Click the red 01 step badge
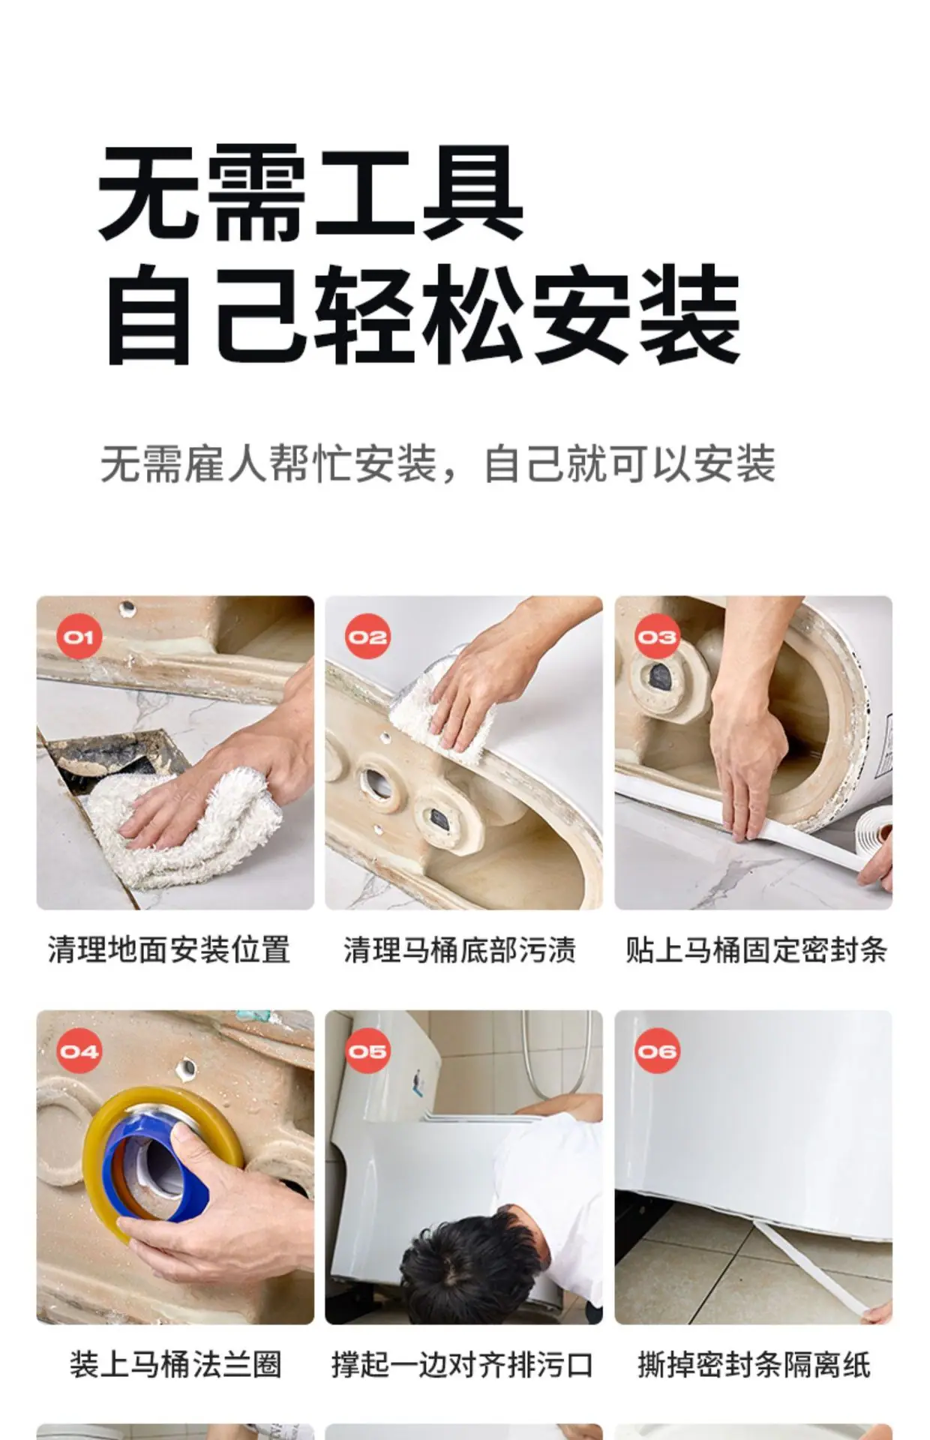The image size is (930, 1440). [x=79, y=637]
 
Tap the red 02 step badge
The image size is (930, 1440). [x=367, y=637]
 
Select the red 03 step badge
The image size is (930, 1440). [x=657, y=637]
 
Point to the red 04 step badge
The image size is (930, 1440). [x=79, y=1051]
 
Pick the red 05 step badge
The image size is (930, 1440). [x=367, y=1051]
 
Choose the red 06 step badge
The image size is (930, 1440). [x=657, y=1051]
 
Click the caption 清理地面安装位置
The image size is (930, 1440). [x=169, y=949]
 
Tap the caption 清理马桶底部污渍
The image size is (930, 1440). [x=460, y=949]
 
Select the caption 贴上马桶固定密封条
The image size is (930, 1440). [x=756, y=949]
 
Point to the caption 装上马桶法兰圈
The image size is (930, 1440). [x=175, y=1364]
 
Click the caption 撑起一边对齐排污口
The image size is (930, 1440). [x=462, y=1364]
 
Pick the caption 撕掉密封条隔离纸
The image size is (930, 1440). [x=754, y=1364]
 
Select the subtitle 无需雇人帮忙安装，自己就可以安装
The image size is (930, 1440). [x=438, y=463]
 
